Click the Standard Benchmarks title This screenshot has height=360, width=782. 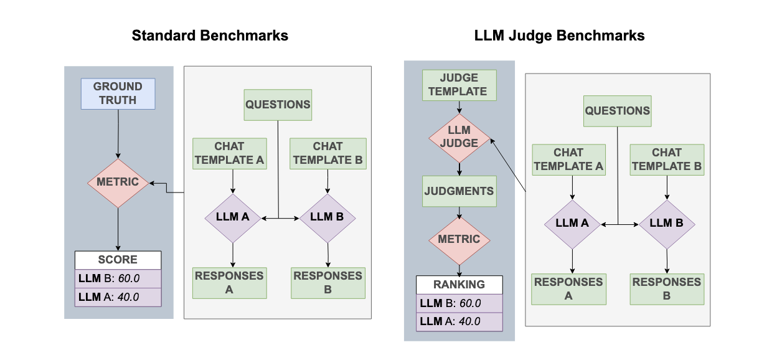(x=210, y=36)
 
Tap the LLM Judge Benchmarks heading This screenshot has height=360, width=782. (x=559, y=36)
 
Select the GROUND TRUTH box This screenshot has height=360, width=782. (x=118, y=94)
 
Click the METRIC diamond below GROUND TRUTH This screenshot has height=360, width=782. (x=118, y=183)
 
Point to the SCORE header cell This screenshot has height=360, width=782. (x=118, y=260)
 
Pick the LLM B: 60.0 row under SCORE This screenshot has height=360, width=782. (x=118, y=278)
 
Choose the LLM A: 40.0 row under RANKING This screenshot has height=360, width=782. (x=459, y=321)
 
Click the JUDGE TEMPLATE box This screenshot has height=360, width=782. (x=459, y=85)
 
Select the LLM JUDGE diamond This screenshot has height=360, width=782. (x=459, y=136)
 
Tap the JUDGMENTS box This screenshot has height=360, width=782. (x=459, y=191)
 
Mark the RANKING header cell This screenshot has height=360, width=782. (x=459, y=285)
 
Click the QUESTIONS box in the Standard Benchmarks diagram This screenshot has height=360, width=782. (x=278, y=105)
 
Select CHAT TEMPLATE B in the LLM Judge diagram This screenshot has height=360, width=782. (x=667, y=159)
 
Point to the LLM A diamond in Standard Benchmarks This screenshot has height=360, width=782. (x=232, y=217)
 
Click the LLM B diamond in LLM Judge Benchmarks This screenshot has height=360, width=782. (x=667, y=224)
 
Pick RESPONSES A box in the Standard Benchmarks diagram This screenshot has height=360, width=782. (x=229, y=283)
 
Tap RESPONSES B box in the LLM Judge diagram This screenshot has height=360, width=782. (x=667, y=289)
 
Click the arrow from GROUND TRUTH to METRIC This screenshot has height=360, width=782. (x=118, y=134)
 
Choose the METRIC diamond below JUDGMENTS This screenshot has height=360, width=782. (x=459, y=240)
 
